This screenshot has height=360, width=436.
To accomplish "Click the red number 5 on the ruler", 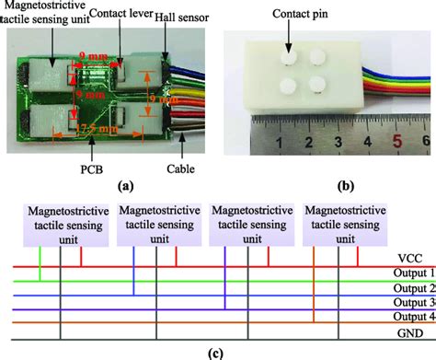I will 396,142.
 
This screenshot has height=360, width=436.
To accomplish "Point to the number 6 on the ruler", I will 425,142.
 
